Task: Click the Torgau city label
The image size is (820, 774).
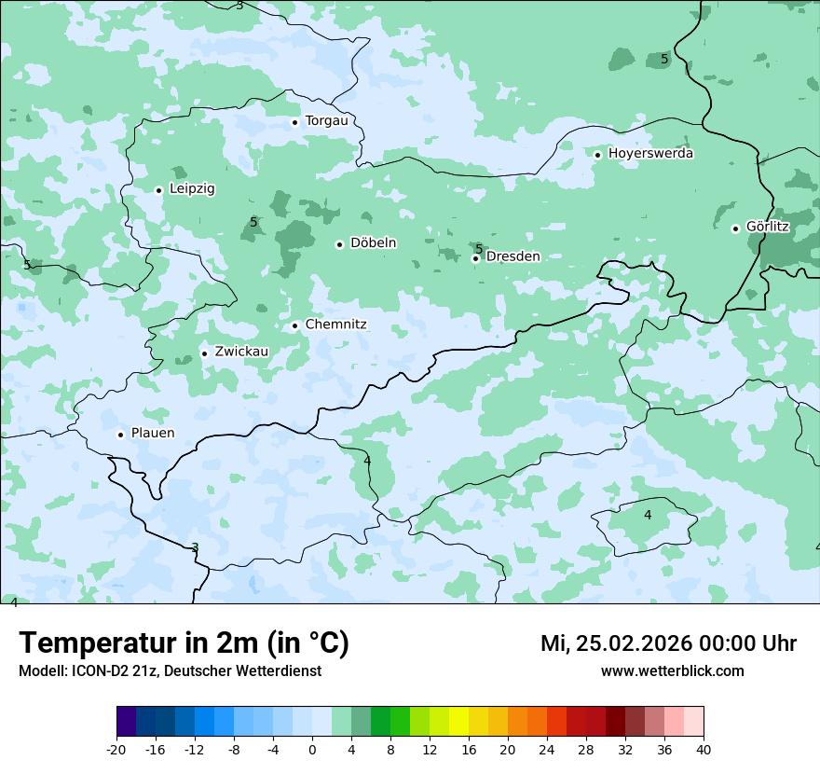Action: point(326,121)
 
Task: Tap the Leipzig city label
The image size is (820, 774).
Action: point(192,189)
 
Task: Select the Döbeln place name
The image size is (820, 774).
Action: point(373,243)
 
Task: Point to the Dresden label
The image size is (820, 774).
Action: point(512,256)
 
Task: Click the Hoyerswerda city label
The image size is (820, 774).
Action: point(650,154)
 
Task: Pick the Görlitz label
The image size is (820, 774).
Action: point(768,227)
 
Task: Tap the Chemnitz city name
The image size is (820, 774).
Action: point(335,325)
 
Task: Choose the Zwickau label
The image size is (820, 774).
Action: point(241,352)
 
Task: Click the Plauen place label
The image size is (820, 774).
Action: point(153,434)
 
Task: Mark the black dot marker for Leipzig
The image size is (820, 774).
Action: point(158,190)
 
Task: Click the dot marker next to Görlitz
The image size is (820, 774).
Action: point(735,228)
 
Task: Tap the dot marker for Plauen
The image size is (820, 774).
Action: point(120,435)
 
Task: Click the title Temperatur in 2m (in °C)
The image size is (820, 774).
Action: point(184,643)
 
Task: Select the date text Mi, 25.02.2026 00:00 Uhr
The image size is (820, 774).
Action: point(668,643)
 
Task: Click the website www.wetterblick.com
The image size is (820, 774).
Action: point(672,671)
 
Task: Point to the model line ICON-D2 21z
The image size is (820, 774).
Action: point(170,671)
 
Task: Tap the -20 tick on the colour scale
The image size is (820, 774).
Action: point(116,750)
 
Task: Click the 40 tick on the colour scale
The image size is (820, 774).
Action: point(703,750)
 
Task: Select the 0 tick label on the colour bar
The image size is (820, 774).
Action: point(312,750)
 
